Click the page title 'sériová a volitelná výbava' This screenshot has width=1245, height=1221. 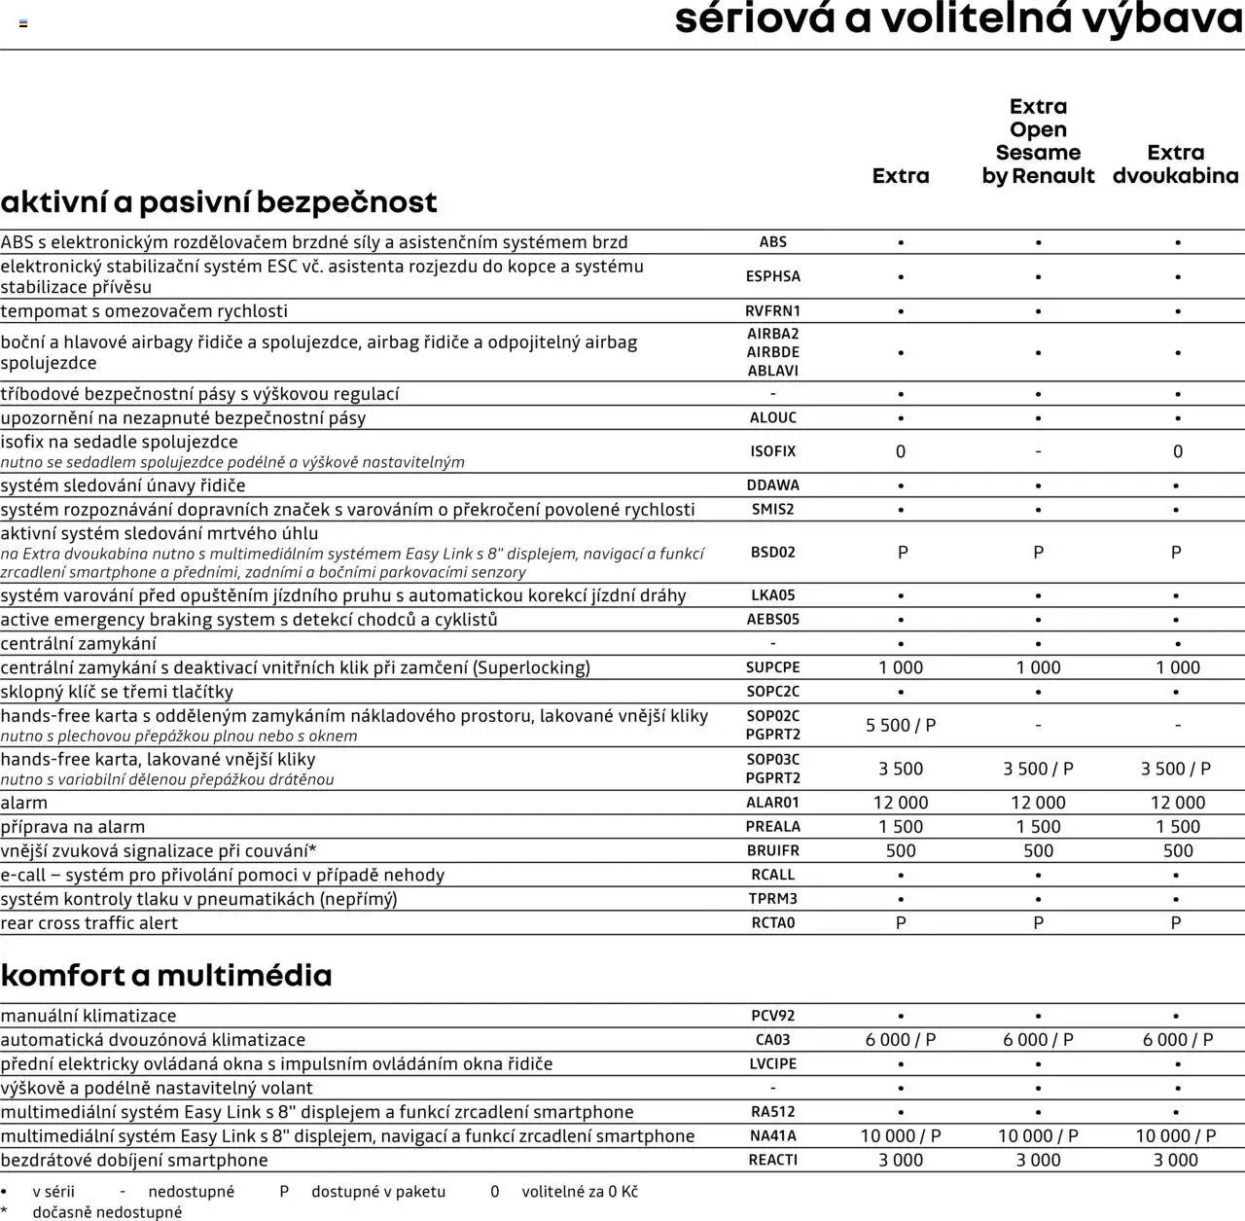coord(958,19)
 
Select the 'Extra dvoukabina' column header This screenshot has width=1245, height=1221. coord(1175,164)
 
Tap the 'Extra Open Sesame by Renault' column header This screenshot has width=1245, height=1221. coord(1038,141)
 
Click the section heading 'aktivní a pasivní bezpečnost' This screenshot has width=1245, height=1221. coord(219,202)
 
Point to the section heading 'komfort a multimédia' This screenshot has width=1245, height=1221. coord(166,975)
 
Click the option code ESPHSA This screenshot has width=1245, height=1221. coord(772,276)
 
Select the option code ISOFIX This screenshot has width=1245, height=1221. coord(772,451)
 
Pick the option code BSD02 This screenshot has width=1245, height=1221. coord(772,553)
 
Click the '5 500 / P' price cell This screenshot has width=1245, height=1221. coord(901,726)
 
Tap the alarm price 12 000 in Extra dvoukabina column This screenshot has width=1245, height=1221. coord(1177,803)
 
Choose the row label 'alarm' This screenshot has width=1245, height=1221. coord(24,803)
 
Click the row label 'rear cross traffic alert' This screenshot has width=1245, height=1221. coord(89,923)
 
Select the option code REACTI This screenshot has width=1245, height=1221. coord(772,1160)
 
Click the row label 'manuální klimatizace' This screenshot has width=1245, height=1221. coord(89,1016)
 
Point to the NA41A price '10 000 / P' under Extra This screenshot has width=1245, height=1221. coord(901,1136)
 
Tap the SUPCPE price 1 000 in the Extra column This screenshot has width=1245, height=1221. coord(901,668)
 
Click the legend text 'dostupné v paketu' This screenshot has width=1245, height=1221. coord(378,1192)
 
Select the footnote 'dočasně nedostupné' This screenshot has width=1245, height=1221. coord(107,1212)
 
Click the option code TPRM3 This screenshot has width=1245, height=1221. coord(772,899)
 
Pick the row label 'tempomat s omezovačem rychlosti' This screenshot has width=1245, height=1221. coord(144,311)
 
